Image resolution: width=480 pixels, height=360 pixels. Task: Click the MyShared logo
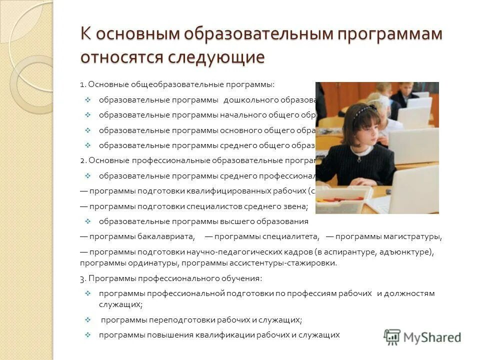[422, 337]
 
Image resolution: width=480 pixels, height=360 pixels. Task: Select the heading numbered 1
[177, 84]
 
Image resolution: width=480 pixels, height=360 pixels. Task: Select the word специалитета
[292, 236]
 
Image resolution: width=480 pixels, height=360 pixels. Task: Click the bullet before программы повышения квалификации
[87, 335]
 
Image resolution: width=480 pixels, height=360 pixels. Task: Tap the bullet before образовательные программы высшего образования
[87, 221]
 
